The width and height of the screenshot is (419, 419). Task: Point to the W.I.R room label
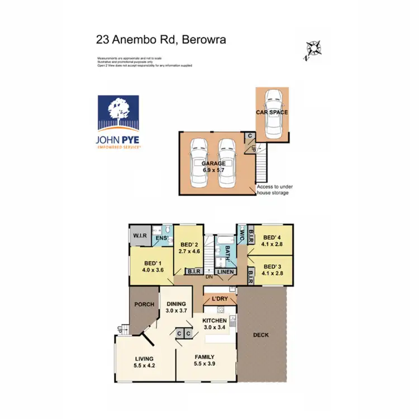140,236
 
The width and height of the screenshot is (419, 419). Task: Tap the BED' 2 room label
189,247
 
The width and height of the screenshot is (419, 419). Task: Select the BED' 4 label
274,239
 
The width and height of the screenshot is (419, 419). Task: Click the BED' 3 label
274,270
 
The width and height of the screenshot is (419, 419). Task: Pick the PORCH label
145,304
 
